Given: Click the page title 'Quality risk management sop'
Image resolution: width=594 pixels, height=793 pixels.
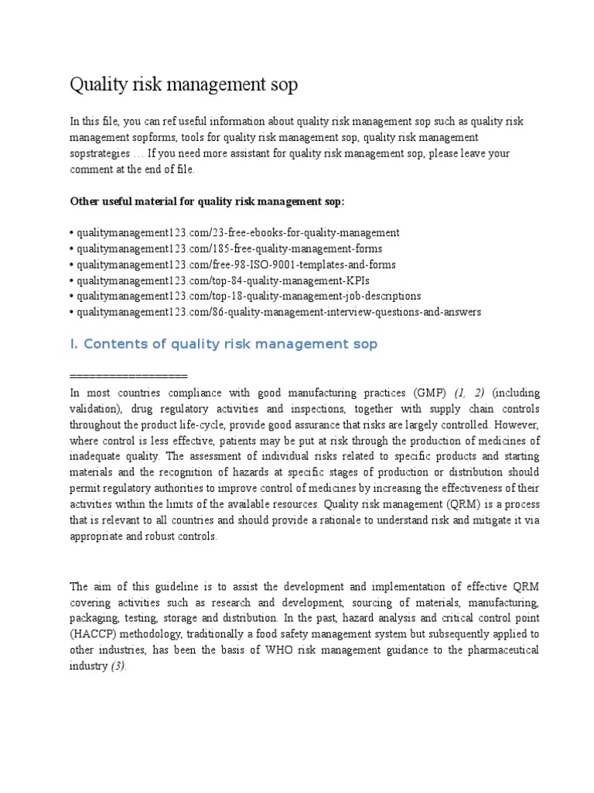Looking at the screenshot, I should [x=183, y=84].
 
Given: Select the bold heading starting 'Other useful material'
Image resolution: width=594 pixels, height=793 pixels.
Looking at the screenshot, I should [x=208, y=201].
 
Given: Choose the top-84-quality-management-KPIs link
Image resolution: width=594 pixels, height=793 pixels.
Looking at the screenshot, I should [x=210, y=280].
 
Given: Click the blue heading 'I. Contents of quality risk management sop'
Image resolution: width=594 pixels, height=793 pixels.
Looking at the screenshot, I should [x=224, y=344].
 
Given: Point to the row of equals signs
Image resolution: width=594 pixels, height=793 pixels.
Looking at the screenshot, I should [x=129, y=376].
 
